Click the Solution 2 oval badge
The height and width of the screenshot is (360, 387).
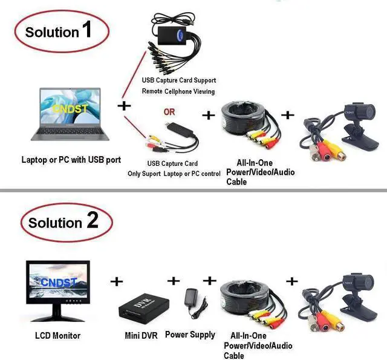tap(63, 223)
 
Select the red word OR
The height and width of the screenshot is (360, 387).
tap(169, 112)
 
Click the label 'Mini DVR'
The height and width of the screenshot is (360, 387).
tap(140, 335)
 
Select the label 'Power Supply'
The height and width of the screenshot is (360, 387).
tap(190, 335)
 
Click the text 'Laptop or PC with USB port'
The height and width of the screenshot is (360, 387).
tap(71, 160)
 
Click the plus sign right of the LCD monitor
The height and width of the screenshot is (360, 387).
tap(116, 281)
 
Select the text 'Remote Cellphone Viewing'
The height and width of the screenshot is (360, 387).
tap(178, 91)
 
